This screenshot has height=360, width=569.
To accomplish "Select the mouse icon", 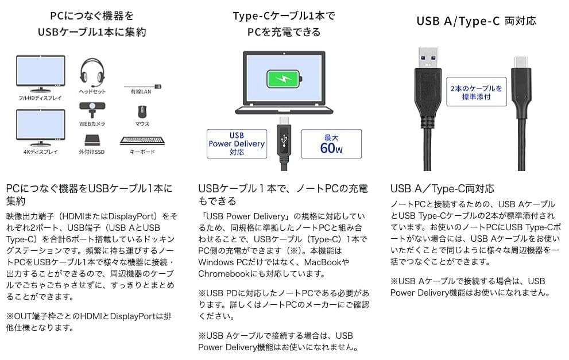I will point(142,111).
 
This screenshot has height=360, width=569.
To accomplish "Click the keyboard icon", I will point(142,140).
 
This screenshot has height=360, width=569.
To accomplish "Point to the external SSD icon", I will point(92,140).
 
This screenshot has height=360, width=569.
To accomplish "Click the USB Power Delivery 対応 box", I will point(237,144).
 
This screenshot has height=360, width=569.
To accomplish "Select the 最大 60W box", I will point(331,144).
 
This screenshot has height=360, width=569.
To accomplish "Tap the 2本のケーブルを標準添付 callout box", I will point(476,92).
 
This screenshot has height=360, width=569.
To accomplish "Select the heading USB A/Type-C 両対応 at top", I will point(476,21).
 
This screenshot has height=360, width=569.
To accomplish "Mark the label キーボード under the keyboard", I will point(142,152).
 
